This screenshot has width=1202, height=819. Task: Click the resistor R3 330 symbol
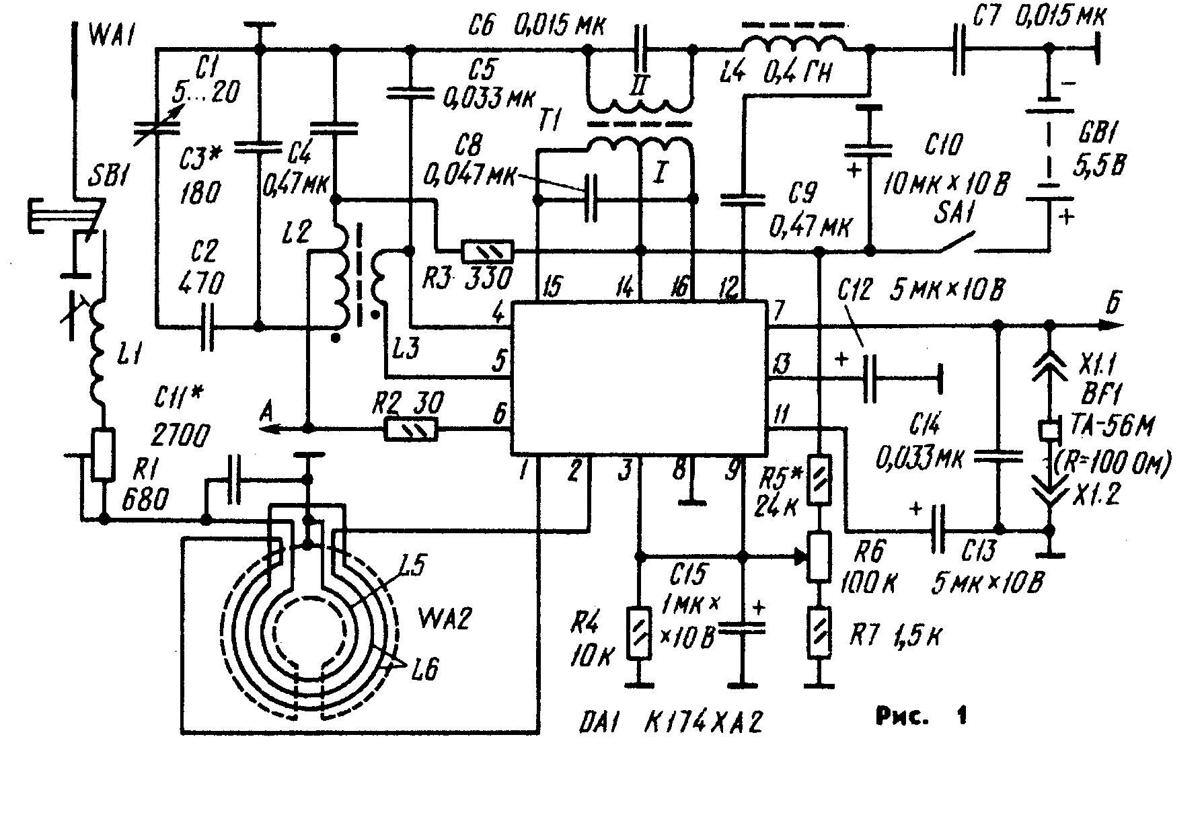[488, 251]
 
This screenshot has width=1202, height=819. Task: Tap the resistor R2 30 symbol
[411, 429]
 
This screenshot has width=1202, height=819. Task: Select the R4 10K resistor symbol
[638, 633]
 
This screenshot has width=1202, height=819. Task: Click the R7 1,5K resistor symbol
[819, 633]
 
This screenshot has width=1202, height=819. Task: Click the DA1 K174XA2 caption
[669, 724]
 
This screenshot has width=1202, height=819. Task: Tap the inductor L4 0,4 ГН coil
[794, 42]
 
